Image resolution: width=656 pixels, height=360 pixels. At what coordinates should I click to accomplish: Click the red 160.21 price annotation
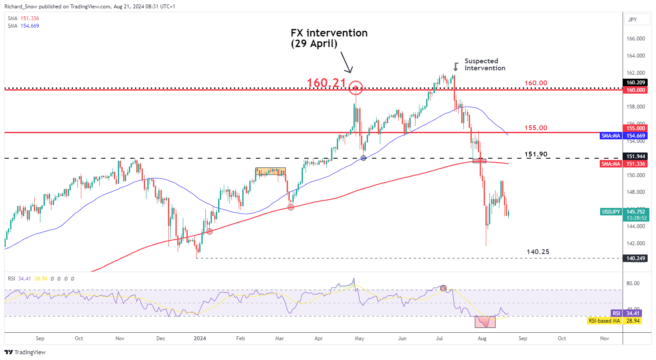(326, 83)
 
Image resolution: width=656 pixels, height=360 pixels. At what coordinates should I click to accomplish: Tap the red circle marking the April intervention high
(356, 87)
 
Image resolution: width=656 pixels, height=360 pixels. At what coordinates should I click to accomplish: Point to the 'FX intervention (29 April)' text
(329, 38)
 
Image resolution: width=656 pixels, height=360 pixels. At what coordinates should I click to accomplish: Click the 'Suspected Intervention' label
(485, 65)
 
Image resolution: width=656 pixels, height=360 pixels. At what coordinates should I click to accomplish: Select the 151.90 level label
(536, 154)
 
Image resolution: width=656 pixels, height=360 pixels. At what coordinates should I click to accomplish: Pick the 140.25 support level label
(538, 252)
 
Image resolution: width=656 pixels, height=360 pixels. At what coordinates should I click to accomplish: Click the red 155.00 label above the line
(536, 128)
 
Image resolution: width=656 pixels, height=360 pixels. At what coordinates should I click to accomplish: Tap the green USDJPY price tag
(611, 212)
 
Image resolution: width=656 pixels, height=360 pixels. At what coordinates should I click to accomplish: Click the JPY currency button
(632, 20)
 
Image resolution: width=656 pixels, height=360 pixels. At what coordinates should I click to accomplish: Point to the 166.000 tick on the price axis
(635, 39)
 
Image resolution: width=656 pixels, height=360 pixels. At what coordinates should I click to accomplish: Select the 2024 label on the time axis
(200, 338)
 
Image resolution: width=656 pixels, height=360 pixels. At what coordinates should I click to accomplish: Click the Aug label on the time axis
(482, 338)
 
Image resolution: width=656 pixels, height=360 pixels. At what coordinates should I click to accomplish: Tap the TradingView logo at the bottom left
(25, 352)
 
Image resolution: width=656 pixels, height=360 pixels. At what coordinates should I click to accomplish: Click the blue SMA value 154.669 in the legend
(30, 26)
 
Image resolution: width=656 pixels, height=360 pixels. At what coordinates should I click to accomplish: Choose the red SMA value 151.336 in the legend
(30, 18)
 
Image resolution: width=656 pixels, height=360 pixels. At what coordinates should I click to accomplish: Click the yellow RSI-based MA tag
(604, 321)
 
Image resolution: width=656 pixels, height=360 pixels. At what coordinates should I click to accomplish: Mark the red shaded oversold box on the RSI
(485, 322)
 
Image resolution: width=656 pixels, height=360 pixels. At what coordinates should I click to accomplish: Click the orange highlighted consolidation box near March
(270, 171)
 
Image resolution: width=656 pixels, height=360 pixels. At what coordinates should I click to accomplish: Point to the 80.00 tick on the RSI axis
(633, 284)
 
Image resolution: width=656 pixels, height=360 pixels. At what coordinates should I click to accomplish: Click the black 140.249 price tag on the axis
(635, 258)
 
